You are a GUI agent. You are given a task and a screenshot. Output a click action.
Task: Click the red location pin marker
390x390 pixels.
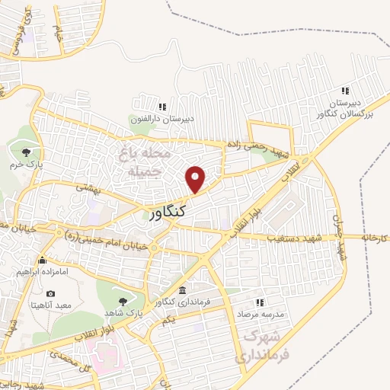pos(196,180)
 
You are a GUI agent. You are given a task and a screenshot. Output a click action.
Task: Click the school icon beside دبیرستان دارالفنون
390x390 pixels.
pos(161,107)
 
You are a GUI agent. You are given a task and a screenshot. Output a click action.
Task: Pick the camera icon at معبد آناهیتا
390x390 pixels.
pos(51,293)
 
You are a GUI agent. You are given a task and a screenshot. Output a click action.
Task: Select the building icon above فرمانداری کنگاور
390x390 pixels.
pos(182,290)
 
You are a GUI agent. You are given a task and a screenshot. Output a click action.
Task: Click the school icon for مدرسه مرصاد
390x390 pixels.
pos(257,302)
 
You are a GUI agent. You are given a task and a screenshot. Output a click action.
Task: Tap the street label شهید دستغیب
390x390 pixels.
pos(295,238)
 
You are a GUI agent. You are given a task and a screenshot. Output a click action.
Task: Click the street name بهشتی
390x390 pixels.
pos(90,190)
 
